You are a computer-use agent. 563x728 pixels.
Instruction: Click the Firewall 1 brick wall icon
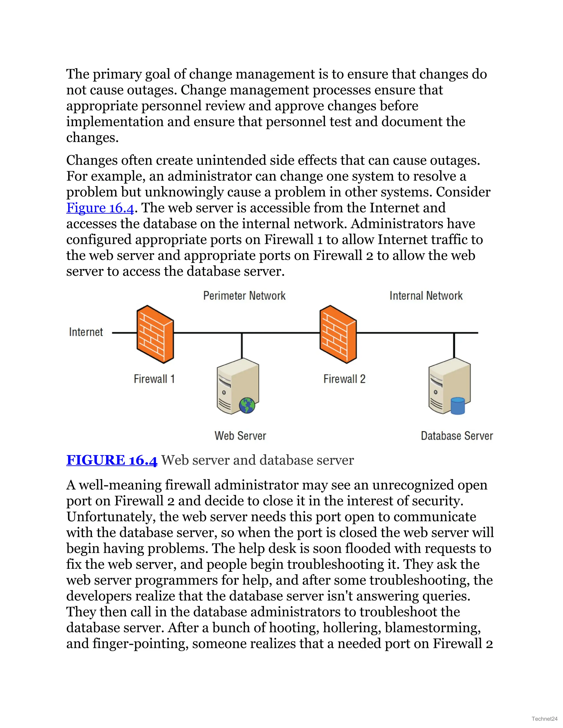click(x=155, y=334)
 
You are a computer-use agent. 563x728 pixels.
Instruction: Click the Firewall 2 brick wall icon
click(x=338, y=334)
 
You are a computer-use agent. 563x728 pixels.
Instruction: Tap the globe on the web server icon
click(x=247, y=405)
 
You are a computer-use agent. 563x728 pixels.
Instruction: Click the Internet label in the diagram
click(x=86, y=332)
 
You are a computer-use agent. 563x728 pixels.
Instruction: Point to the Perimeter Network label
click(x=244, y=296)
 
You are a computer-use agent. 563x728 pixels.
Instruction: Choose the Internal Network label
click(x=426, y=296)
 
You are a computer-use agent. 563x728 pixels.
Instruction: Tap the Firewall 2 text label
click(x=344, y=379)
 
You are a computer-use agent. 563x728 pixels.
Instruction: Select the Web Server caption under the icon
click(x=240, y=436)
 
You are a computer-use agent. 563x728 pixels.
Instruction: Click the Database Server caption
click(x=457, y=436)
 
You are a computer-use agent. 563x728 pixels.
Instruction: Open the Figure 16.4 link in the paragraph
click(x=100, y=208)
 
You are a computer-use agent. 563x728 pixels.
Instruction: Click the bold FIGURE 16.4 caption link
click(x=112, y=460)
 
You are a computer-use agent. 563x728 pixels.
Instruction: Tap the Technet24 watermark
click(x=544, y=718)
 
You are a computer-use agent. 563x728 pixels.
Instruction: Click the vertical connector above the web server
click(x=242, y=345)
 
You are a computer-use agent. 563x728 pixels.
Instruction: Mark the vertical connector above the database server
click(x=454, y=345)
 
